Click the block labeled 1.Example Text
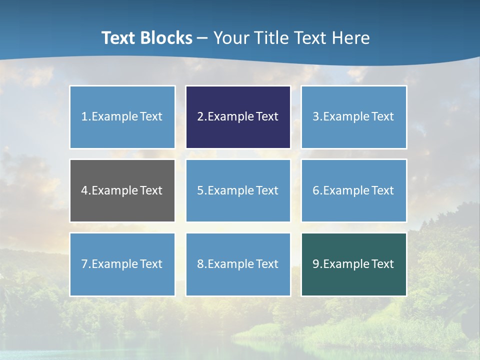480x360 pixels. click(122, 117)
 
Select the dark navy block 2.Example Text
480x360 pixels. click(238, 117)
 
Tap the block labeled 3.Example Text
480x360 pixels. click(353, 117)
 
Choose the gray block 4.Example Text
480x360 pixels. click(122, 190)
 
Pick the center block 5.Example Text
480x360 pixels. click(238, 190)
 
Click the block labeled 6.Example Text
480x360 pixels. click(353, 190)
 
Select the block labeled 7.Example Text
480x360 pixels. click(122, 264)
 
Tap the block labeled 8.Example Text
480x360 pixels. click(238, 264)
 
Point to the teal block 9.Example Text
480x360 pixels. click(353, 264)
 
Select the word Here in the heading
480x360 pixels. click(351, 38)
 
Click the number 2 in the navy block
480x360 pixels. click(200, 117)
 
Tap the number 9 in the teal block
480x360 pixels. click(316, 264)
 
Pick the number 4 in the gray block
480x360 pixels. click(84, 190)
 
